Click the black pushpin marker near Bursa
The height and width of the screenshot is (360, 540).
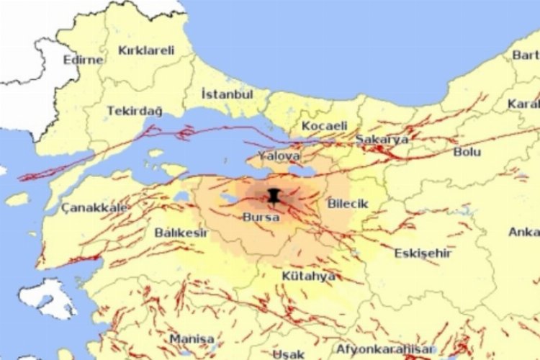tap(274, 195)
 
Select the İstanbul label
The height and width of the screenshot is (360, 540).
tap(227, 94)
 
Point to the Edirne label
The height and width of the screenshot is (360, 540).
tap(83, 60)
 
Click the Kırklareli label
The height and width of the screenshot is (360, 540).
tap(146, 50)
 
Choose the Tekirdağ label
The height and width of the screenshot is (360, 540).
tap(135, 111)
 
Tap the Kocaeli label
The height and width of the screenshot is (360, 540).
tap(324, 126)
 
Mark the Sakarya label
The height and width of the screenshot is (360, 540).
tap(382, 139)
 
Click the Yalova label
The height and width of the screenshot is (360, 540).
tap(283, 156)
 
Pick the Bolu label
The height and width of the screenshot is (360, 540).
tap(467, 152)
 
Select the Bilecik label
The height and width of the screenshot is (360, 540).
tap(347, 204)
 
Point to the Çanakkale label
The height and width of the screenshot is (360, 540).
tap(94, 207)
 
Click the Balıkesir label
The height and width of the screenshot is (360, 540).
tap(181, 233)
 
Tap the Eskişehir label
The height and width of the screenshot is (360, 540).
tap(423, 253)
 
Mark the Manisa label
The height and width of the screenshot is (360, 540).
tap(192, 338)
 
